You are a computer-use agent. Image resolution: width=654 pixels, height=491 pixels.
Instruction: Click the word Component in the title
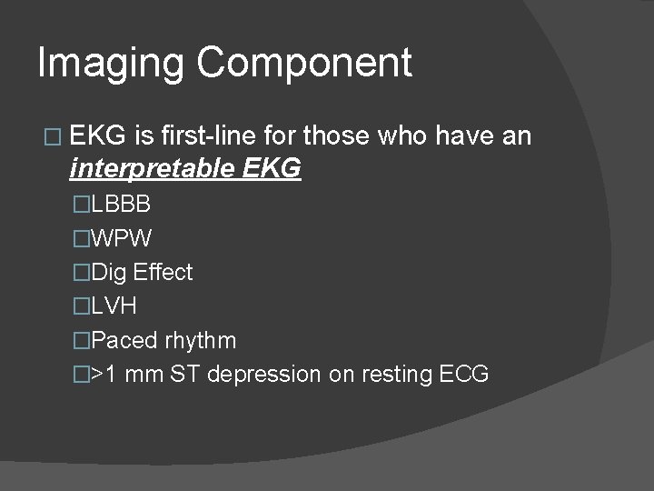click(304, 64)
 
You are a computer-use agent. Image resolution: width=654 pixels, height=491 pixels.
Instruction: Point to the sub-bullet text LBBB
click(122, 205)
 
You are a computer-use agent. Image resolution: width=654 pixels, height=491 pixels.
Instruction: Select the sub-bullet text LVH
click(115, 306)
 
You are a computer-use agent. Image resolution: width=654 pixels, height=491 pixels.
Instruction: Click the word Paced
click(125, 341)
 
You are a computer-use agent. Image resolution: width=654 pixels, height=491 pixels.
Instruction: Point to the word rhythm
click(201, 341)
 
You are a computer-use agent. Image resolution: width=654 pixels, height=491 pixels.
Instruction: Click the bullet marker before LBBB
click(83, 205)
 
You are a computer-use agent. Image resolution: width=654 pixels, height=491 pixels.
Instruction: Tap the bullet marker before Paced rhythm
click(83, 341)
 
